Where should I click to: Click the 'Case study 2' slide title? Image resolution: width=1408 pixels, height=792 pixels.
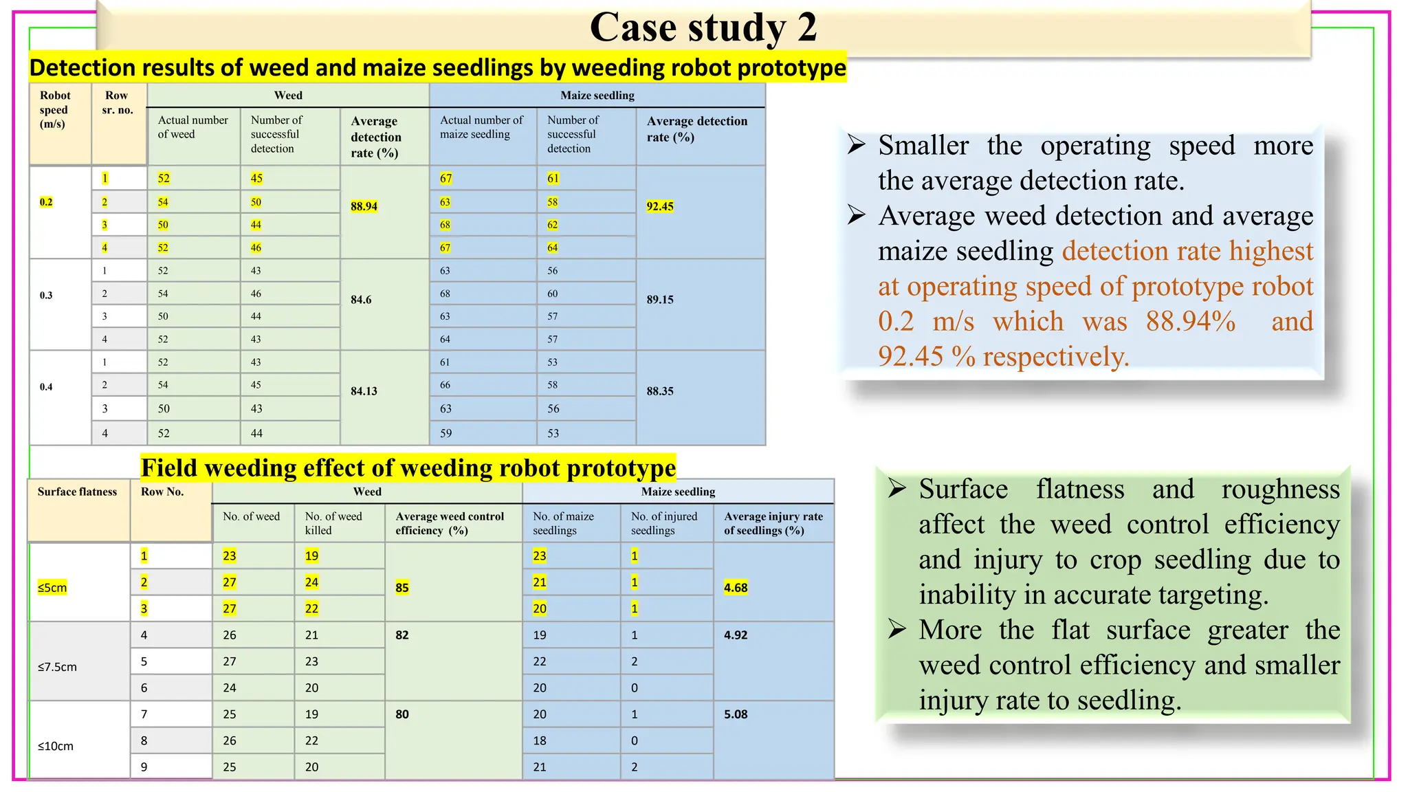pos(703,27)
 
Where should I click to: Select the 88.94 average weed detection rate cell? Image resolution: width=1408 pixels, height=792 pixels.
pos(364,206)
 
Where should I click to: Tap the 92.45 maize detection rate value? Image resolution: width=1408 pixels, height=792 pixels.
pos(660,206)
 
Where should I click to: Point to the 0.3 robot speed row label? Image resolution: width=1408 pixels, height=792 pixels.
pos(46,296)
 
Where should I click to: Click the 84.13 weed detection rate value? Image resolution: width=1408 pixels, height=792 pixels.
pos(364,391)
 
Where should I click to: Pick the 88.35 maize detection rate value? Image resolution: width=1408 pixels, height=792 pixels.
pos(660,391)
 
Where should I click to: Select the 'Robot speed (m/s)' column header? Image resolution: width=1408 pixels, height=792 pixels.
pos(54,110)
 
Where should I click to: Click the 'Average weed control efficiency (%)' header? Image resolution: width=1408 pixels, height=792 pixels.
pos(450,523)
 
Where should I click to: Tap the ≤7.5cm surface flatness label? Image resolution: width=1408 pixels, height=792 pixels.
pos(57,667)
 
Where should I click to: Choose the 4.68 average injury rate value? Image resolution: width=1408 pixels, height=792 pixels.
pos(736,588)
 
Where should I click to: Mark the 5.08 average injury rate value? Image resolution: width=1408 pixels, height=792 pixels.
pos(736,714)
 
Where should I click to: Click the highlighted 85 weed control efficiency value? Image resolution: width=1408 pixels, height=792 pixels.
pos(402,588)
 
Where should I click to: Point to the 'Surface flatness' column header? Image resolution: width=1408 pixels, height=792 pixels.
pos(77,492)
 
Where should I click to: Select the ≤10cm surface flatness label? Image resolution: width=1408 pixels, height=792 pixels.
pos(56,746)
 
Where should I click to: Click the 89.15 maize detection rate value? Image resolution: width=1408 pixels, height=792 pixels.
pos(660,300)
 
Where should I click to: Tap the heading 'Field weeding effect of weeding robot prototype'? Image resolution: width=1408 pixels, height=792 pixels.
pos(408,468)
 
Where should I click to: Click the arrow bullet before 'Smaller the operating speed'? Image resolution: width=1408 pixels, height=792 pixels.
pos(857,145)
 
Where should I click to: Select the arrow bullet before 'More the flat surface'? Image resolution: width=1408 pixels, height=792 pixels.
pos(897,629)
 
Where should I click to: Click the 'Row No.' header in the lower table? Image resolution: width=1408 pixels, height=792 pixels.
pos(162,492)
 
